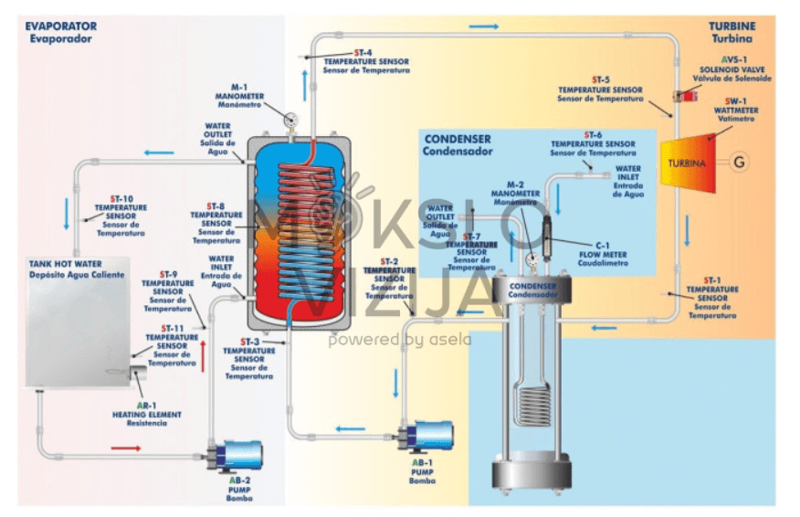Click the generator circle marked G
pos(740,163)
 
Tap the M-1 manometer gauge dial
pos(289,118)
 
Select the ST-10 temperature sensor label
pos(121,216)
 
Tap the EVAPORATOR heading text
pos(60,32)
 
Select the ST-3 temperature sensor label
pos(249,358)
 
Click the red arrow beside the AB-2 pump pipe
pos(125,448)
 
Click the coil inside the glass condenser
pos(532,402)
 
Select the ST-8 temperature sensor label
pos(216,223)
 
